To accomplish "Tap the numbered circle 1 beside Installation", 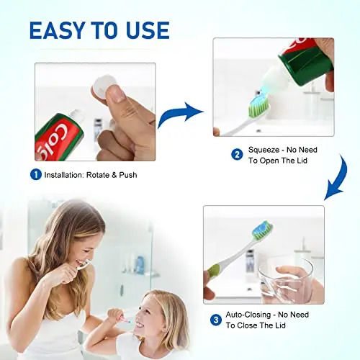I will [x=35, y=174].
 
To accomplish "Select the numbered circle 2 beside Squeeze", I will [x=237, y=154].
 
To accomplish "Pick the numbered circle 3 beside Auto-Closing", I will [x=215, y=320].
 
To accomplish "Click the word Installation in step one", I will [x=69, y=175].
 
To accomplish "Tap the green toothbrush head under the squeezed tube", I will [x=259, y=107].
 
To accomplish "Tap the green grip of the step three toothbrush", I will [x=214, y=271].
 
